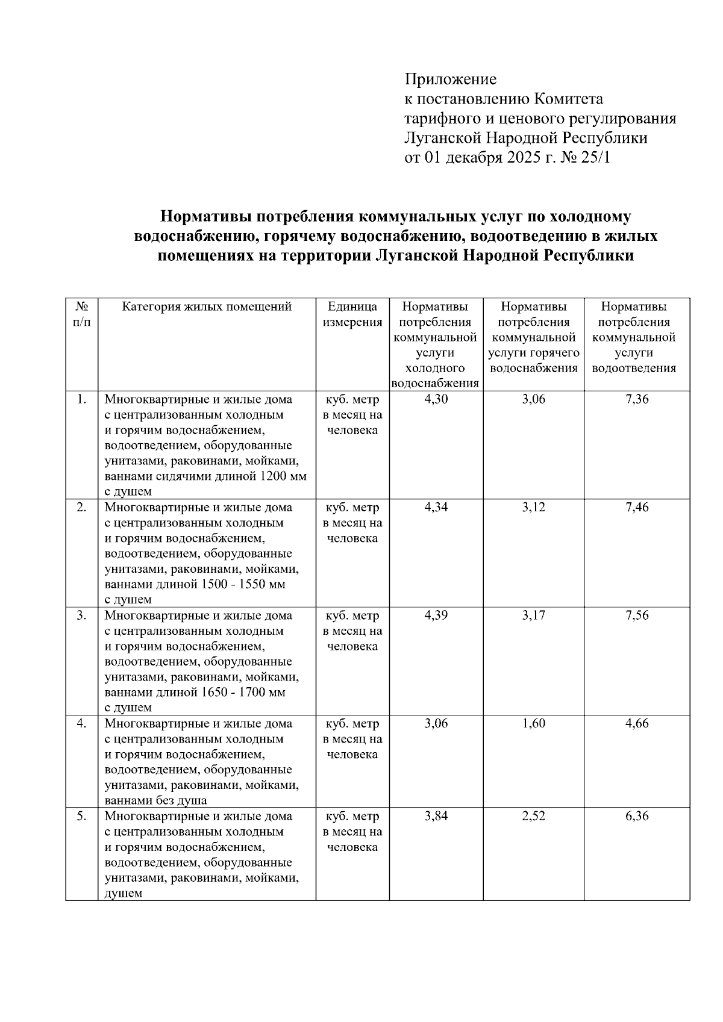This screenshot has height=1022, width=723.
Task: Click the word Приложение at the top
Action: pyautogui.click(x=450, y=79)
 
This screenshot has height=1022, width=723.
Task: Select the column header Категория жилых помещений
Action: pyautogui.click(x=207, y=307)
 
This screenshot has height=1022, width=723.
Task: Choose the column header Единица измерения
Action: pyautogui.click(x=352, y=314)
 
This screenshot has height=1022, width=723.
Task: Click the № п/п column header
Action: pyautogui.click(x=82, y=314)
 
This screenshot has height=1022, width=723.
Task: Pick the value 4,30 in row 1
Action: pyautogui.click(x=436, y=399)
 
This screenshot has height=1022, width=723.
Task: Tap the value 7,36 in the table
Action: pyautogui.click(x=637, y=399)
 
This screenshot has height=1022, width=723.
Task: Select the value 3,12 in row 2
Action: pyautogui.click(x=533, y=507)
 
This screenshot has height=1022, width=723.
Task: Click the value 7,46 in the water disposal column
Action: pyautogui.click(x=637, y=507)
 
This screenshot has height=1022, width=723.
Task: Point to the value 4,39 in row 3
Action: pyautogui.click(x=436, y=615)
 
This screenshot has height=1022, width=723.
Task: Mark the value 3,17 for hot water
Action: pyautogui.click(x=533, y=615)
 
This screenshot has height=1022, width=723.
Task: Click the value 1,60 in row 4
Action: pyautogui.click(x=533, y=723)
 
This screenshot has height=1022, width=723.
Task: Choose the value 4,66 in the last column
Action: pyautogui.click(x=637, y=723)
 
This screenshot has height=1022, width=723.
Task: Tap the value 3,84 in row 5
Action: pyautogui.click(x=436, y=816)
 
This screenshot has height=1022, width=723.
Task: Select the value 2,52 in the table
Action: pyautogui.click(x=533, y=816)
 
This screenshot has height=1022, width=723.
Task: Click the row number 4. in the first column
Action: pyautogui.click(x=82, y=723)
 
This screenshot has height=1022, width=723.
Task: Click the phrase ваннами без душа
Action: pyautogui.click(x=155, y=801)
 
